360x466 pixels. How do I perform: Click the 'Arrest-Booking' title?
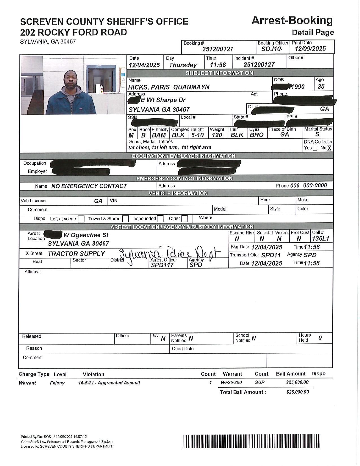tap(292, 21)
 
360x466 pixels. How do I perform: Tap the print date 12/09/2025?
tap(310, 49)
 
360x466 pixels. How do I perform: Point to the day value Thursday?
tap(183, 65)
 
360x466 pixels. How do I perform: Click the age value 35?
tap(321, 87)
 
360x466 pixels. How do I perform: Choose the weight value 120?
tap(217, 135)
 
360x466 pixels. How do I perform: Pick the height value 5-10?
tap(197, 135)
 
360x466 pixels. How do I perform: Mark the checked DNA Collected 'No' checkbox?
tap(329, 148)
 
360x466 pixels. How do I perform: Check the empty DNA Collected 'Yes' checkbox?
tap(315, 148)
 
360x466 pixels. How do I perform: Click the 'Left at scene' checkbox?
tap(81, 219)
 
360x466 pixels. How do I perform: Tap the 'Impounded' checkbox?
tap(160, 219)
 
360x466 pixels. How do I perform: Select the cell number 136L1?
tap(320, 239)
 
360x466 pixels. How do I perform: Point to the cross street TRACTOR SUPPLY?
tap(76, 254)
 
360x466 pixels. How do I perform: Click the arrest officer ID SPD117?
tap(162, 265)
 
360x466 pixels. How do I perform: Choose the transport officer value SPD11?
tap(271, 255)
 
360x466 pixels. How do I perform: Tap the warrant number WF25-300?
tap(231, 382)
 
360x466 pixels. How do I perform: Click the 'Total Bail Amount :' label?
tap(243, 392)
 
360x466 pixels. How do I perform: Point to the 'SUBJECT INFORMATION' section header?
tap(219, 73)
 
